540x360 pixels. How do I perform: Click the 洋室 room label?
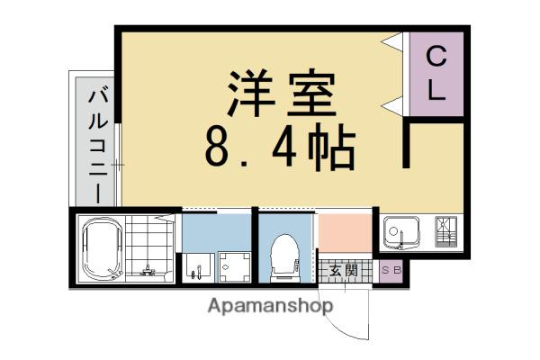point(282,94)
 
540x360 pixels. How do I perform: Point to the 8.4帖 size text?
point(280,148)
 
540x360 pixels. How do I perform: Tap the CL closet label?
point(436,74)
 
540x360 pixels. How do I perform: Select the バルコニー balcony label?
point(98,146)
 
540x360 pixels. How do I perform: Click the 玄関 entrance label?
point(343,271)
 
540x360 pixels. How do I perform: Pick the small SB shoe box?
point(391,271)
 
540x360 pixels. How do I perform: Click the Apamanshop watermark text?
point(270,306)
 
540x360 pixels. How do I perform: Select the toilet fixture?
point(284,257)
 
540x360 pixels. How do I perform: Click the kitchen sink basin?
point(401,232)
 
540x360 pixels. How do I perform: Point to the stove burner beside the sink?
point(446,231)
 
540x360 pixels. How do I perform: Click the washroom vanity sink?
point(196,267)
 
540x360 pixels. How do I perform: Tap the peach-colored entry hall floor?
point(345,233)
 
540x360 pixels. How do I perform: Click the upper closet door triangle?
point(391,42)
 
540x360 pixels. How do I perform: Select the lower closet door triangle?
point(391,106)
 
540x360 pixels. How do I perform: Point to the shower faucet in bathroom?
point(148,270)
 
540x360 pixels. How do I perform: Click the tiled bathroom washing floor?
point(148,246)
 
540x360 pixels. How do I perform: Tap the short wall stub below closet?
point(407,145)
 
